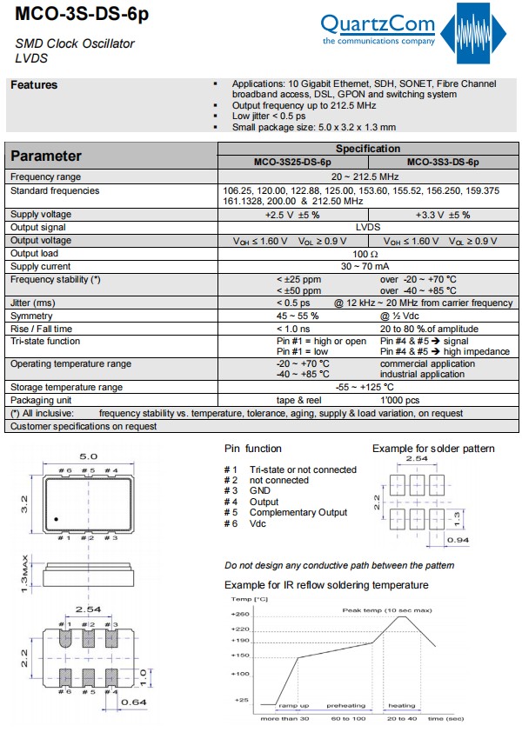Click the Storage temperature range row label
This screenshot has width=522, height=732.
pyautogui.click(x=66, y=387)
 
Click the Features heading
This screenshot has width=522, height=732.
pyautogui.click(x=34, y=85)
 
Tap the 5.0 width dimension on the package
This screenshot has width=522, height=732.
pyautogui.click(x=88, y=455)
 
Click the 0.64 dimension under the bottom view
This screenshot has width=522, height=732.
pyautogui.click(x=133, y=702)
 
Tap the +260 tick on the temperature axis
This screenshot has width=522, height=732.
pyautogui.click(x=241, y=615)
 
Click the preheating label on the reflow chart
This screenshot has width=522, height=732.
pyautogui.click(x=345, y=706)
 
